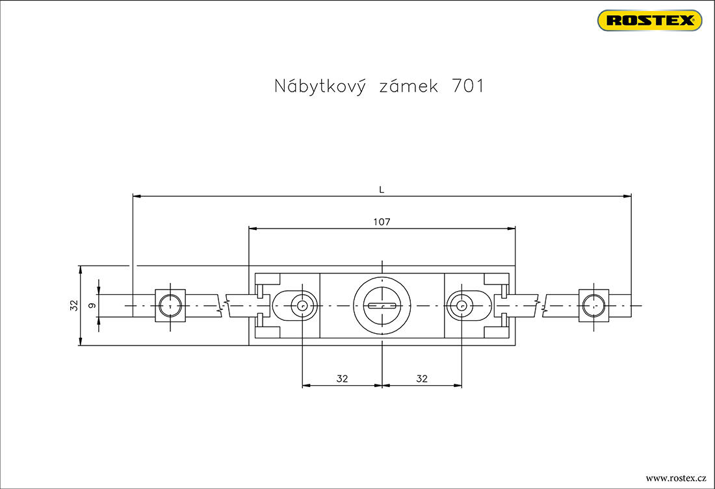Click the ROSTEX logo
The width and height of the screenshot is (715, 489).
point(649,20)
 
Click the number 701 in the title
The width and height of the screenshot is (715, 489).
point(467,86)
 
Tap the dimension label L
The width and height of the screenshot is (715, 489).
point(382,190)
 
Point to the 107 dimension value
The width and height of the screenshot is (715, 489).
point(382,222)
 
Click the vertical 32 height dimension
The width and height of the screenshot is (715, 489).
point(73,305)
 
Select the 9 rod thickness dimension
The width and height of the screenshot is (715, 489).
point(92,305)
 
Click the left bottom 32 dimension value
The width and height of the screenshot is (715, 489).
point(342,379)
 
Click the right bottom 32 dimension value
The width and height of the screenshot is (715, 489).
point(422,379)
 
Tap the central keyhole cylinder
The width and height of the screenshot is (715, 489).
point(382,305)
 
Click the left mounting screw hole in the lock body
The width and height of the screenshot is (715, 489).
point(302,305)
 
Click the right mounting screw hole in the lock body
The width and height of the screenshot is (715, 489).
point(461,305)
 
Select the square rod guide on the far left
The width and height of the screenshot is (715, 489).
point(170,305)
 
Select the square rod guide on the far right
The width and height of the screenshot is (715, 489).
point(594,305)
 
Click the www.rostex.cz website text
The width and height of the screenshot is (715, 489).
point(675,477)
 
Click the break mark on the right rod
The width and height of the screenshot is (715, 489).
point(541,305)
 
